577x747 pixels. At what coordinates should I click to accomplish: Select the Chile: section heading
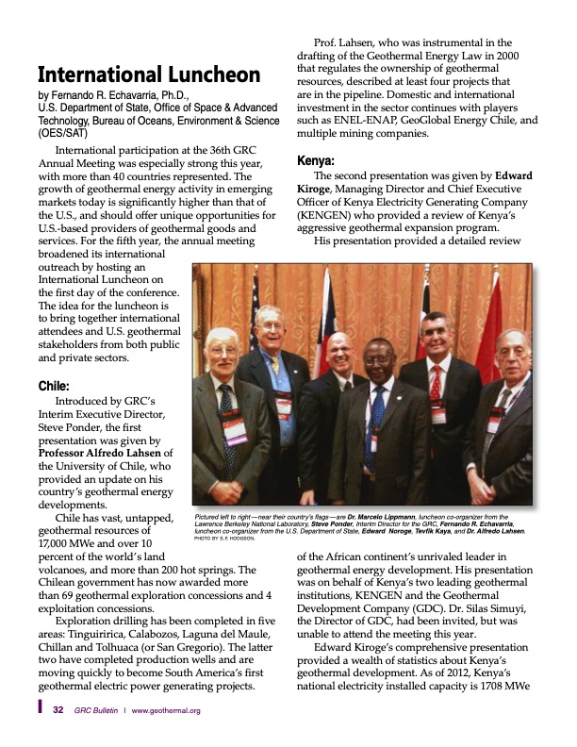click(x=54, y=385)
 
